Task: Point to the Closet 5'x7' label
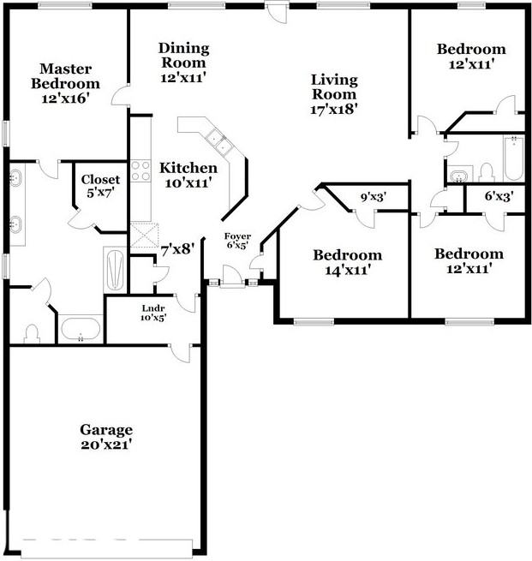pyautogui.click(x=100, y=187)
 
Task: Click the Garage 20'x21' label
pyautogui.click(x=106, y=437)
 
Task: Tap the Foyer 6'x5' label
pyautogui.click(x=237, y=241)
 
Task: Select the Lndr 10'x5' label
pyautogui.click(x=154, y=312)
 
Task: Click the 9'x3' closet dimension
pyautogui.click(x=373, y=198)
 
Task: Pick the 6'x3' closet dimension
pyautogui.click(x=498, y=197)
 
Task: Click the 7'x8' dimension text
pyautogui.click(x=177, y=250)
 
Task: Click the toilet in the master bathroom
pyautogui.click(x=33, y=331)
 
